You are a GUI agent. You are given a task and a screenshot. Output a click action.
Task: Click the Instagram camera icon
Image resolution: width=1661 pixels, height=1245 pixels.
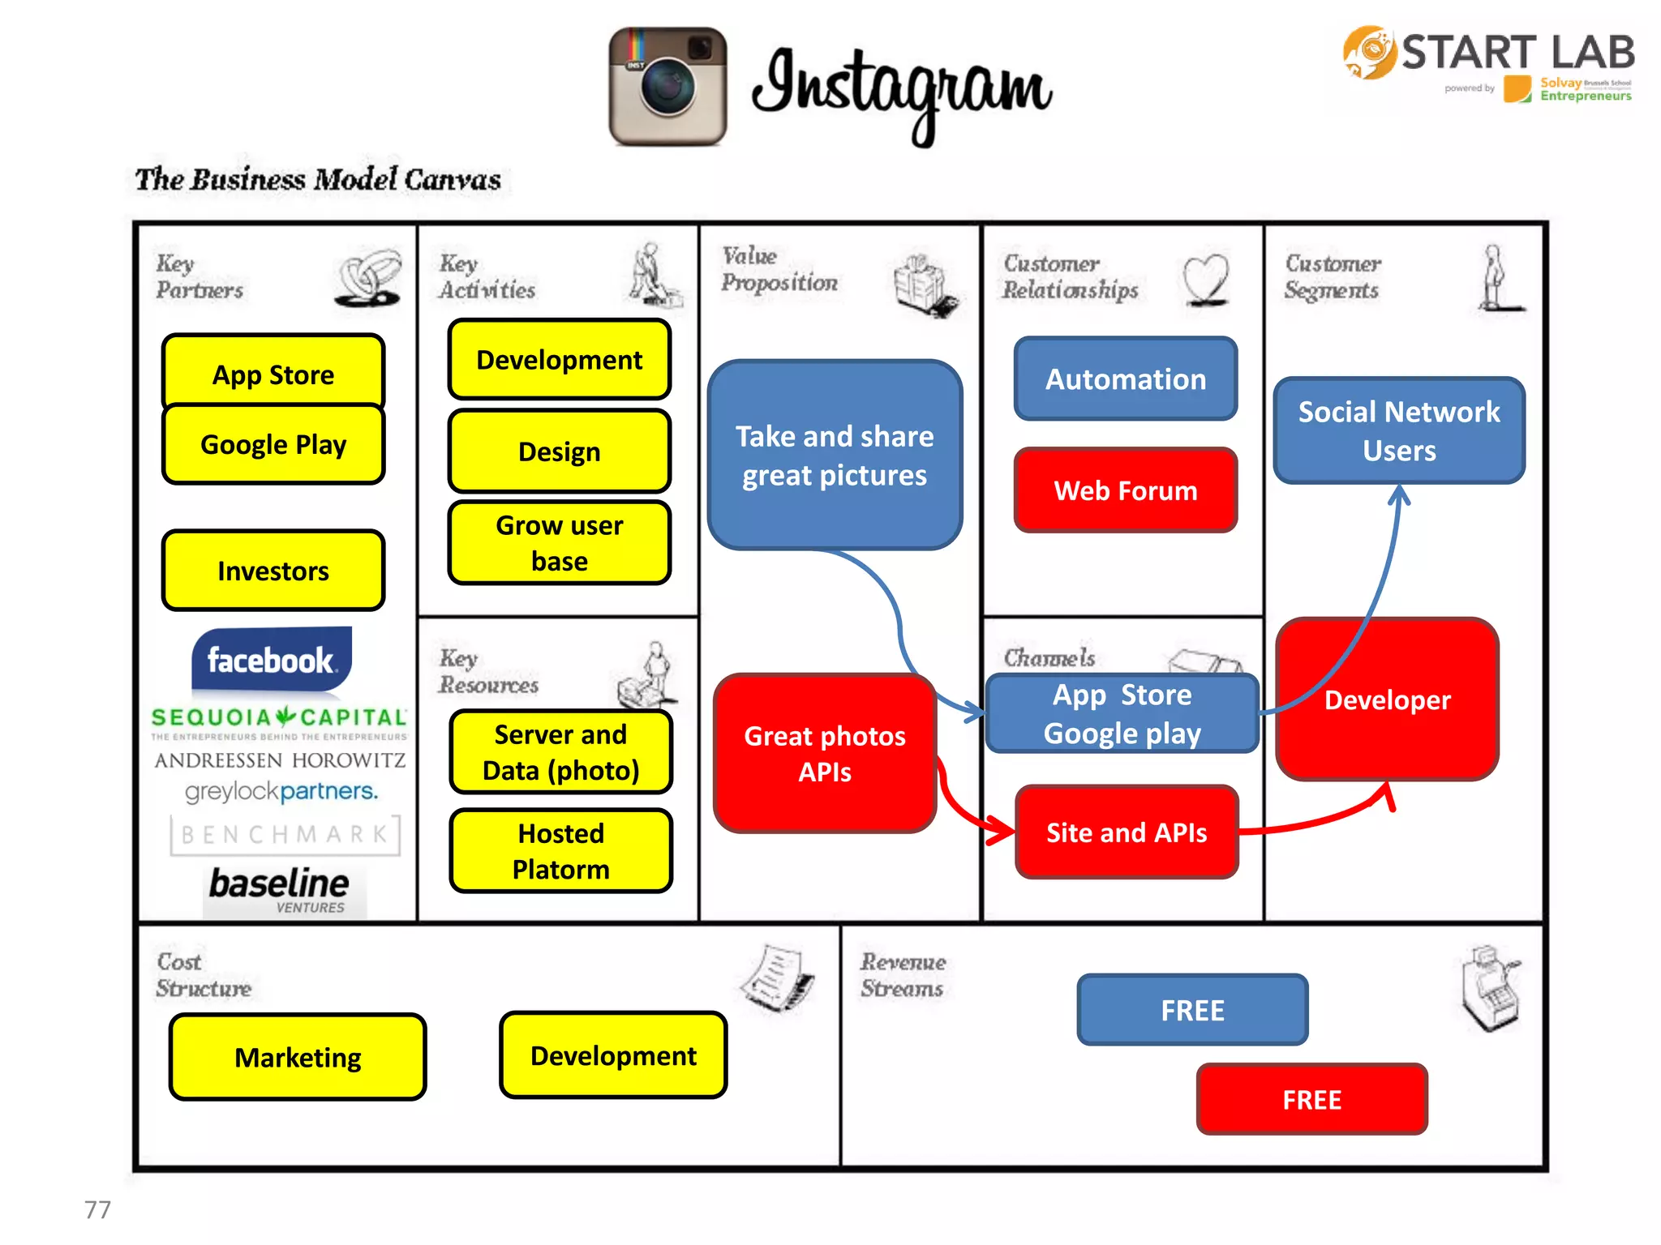(x=667, y=87)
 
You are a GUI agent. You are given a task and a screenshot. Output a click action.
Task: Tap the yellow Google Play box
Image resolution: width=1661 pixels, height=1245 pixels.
(x=273, y=444)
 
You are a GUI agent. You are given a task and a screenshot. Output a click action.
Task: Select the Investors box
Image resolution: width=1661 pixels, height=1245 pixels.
(x=273, y=571)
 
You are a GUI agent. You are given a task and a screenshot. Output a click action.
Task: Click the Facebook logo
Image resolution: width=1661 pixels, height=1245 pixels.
(x=271, y=659)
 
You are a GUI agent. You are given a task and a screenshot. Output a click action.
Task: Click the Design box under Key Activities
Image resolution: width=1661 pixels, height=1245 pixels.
(x=559, y=451)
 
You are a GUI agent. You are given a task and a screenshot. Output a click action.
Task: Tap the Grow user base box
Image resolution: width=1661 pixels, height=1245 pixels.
(x=559, y=543)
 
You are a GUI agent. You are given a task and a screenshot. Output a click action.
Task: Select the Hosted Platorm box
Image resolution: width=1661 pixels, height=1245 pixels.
(x=560, y=851)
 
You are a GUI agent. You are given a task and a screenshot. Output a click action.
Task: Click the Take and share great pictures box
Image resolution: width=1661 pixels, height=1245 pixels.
(x=835, y=456)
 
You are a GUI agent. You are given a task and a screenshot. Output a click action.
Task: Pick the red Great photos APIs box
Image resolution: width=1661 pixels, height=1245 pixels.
(x=825, y=753)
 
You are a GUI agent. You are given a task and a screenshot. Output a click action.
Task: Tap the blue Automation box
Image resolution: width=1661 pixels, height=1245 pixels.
(x=1125, y=379)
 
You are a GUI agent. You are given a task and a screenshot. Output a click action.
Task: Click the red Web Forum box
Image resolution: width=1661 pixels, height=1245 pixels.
(x=1125, y=490)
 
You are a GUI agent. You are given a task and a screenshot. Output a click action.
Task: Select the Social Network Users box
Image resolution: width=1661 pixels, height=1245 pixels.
(x=1398, y=430)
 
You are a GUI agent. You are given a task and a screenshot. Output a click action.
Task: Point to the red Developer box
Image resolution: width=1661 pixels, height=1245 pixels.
(x=1387, y=700)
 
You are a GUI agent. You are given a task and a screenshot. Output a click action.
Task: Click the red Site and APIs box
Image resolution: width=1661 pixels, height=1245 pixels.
(x=1127, y=832)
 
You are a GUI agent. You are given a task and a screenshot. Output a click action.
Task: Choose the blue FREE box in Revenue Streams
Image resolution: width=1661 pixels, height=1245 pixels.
(x=1192, y=1010)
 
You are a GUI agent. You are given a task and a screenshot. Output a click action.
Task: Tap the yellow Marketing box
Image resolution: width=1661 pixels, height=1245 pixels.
(x=298, y=1057)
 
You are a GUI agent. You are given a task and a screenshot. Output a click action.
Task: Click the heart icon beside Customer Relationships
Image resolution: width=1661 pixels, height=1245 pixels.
(x=1205, y=279)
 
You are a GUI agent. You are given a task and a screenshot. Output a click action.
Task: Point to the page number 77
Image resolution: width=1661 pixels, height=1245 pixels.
(x=97, y=1209)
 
